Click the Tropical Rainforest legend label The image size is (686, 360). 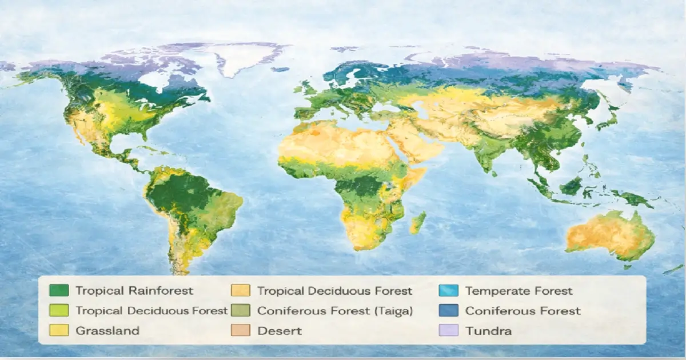134,290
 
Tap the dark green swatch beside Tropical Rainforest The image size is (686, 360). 59,290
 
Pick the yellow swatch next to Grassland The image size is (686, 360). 59,330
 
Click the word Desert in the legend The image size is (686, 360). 280,330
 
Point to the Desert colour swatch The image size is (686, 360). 241,330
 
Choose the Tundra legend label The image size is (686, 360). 488,330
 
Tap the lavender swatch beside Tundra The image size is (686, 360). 449,330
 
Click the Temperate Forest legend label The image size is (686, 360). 519,290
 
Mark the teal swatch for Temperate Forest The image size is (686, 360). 449,290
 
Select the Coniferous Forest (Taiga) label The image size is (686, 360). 335,311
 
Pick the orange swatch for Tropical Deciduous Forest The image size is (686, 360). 241,290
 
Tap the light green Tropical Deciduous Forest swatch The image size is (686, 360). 59,311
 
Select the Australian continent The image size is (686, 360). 612,234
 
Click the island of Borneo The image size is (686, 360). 572,186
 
